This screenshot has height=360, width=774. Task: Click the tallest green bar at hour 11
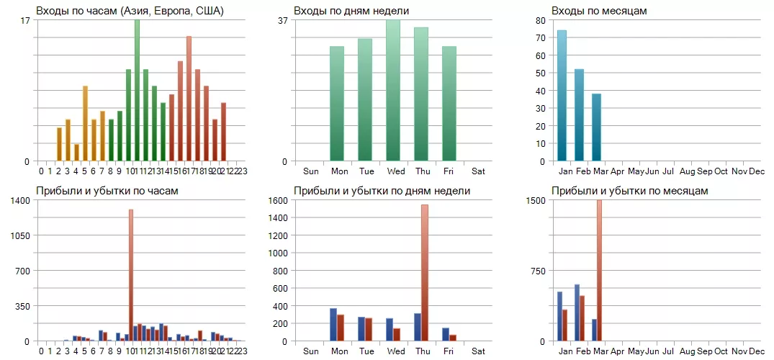pyautogui.click(x=137, y=91)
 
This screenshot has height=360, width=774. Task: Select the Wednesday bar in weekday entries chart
pyautogui.click(x=393, y=91)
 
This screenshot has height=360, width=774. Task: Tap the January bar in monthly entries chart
pyautogui.click(x=562, y=96)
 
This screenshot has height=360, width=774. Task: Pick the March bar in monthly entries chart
pyautogui.click(x=596, y=127)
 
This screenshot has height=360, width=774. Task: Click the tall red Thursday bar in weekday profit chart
pyautogui.click(x=425, y=273)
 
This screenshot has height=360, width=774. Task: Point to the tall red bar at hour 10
pyautogui.click(x=131, y=275)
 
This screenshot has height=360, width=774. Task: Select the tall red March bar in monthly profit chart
pyautogui.click(x=599, y=271)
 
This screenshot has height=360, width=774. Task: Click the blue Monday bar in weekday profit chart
pyautogui.click(x=333, y=325)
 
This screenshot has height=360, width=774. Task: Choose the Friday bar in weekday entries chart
pyautogui.click(x=449, y=104)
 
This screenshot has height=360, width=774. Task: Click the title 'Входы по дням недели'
pyautogui.click(x=351, y=11)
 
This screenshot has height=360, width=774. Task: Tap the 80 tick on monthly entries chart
pyautogui.click(x=542, y=20)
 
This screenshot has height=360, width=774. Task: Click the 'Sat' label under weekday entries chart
pyautogui.click(x=478, y=171)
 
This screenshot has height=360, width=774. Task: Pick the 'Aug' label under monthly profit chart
pyautogui.click(x=687, y=351)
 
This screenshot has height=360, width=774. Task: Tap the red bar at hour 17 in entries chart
pyautogui.click(x=189, y=99)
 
